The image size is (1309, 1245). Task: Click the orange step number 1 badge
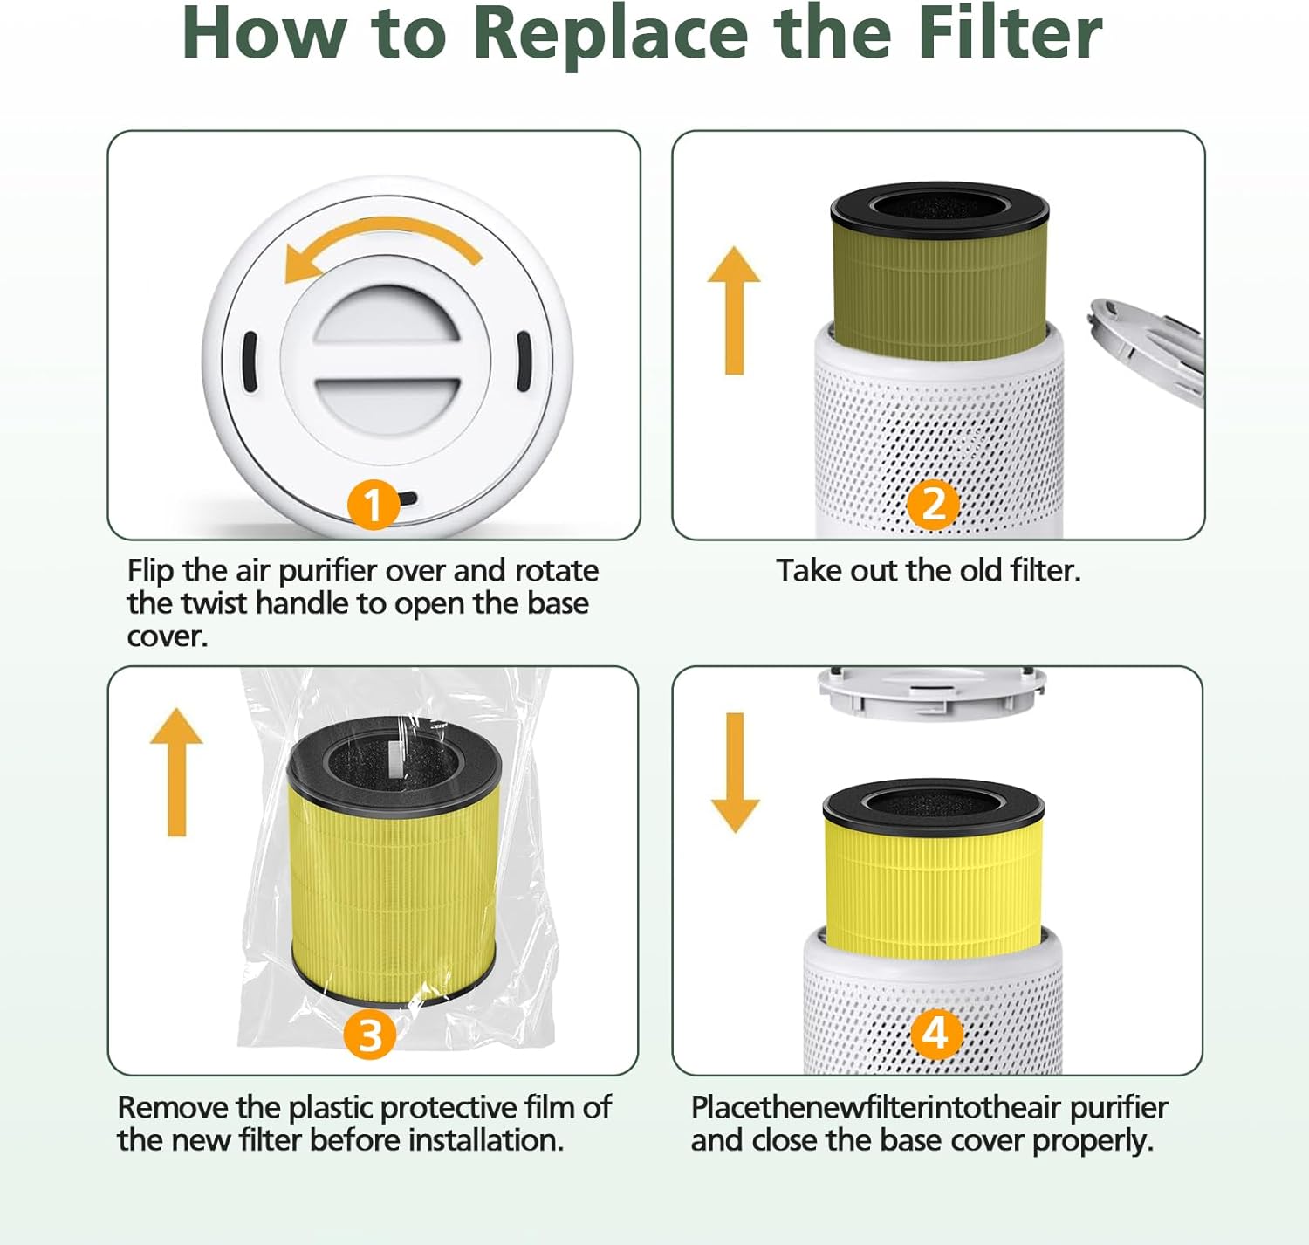[x=374, y=505]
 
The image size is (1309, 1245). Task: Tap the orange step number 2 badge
[x=934, y=504]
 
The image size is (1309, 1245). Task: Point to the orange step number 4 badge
[x=936, y=1034]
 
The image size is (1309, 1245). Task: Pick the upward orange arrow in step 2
[x=734, y=310]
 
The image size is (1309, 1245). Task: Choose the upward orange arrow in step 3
[x=176, y=772]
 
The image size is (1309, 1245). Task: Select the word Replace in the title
[x=611, y=35]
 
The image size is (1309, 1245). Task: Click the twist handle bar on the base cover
[x=387, y=359]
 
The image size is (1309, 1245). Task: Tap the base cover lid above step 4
[x=931, y=692]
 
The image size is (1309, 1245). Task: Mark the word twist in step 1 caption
[x=214, y=604]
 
